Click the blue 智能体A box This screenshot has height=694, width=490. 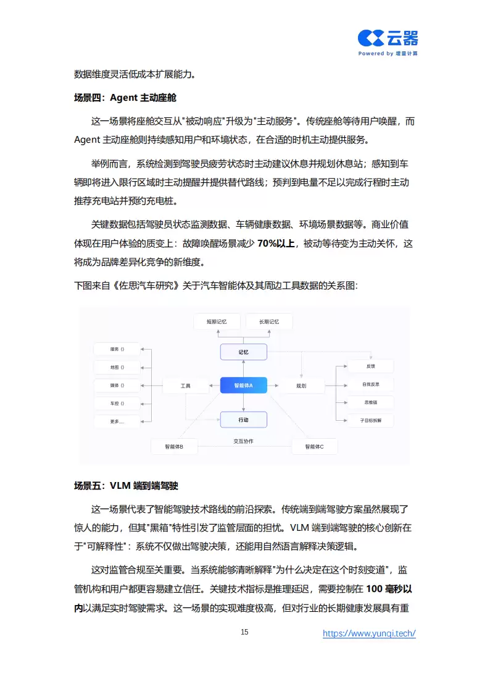pyautogui.click(x=244, y=386)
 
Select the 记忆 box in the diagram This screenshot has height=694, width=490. pyautogui.click(x=244, y=352)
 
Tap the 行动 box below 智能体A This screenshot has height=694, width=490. pyautogui.click(x=244, y=420)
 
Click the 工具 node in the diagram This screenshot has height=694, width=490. pyautogui.click(x=186, y=386)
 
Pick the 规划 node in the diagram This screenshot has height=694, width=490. pyautogui.click(x=301, y=386)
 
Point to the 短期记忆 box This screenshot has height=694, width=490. pyautogui.click(x=217, y=321)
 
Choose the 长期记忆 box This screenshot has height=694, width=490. pyautogui.click(x=269, y=321)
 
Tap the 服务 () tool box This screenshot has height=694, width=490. pyautogui.click(x=117, y=349)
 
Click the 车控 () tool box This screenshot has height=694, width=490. pyautogui.click(x=117, y=404)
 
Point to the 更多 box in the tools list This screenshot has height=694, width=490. pyautogui.click(x=117, y=422)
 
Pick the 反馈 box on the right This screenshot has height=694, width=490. pyautogui.click(x=370, y=366)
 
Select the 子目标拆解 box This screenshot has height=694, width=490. pyautogui.click(x=370, y=420)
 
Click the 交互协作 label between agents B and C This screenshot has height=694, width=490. pyautogui.click(x=243, y=441)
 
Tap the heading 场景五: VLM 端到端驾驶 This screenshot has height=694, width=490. pyautogui.click(x=126, y=486)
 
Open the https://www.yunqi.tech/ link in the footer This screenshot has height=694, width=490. pyautogui.click(x=369, y=633)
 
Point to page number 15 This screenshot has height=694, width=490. pyautogui.click(x=244, y=632)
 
